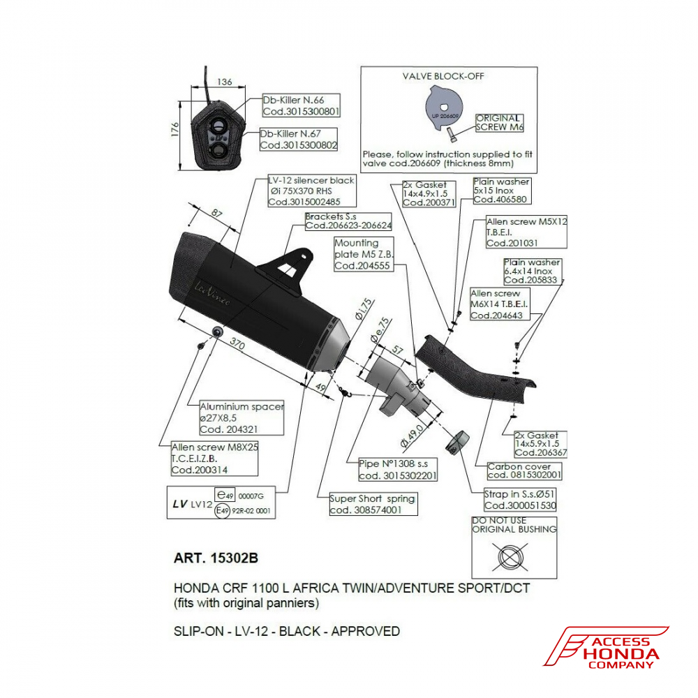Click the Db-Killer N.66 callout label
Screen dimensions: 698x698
pyautogui.click(x=301, y=105)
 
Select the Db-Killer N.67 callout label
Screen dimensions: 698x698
pyautogui.click(x=298, y=139)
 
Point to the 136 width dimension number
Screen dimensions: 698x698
pyautogui.click(x=225, y=82)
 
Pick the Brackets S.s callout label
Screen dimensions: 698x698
pyautogui.click(x=348, y=221)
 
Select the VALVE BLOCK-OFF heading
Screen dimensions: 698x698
pyautogui.click(x=443, y=75)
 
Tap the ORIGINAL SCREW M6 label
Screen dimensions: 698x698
pyautogui.click(x=499, y=123)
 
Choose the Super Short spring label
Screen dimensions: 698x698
pyautogui.click(x=373, y=504)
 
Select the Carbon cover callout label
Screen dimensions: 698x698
pyautogui.click(x=524, y=470)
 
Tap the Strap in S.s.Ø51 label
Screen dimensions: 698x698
pyautogui.click(x=520, y=500)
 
